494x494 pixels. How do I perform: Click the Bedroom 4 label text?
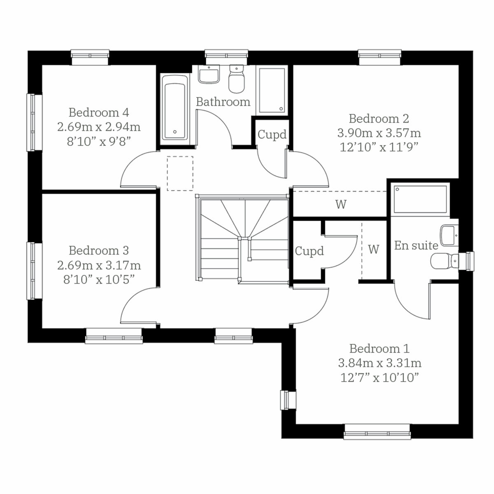99,112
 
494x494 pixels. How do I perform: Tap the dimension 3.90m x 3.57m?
379,133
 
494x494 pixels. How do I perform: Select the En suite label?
416,246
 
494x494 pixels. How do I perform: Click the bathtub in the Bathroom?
175,107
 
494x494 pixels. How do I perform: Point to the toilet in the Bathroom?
236,79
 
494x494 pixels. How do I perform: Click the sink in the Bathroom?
209,75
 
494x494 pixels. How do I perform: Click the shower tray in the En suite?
420,199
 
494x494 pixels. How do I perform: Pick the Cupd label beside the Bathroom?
272,135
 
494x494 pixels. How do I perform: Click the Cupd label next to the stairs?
309,251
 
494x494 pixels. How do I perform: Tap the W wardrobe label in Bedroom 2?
341,204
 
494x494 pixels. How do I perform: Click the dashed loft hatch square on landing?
180,173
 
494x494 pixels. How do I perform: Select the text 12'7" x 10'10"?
379,378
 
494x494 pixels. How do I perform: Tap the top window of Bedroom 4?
90,57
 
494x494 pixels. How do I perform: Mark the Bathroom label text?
223,102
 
